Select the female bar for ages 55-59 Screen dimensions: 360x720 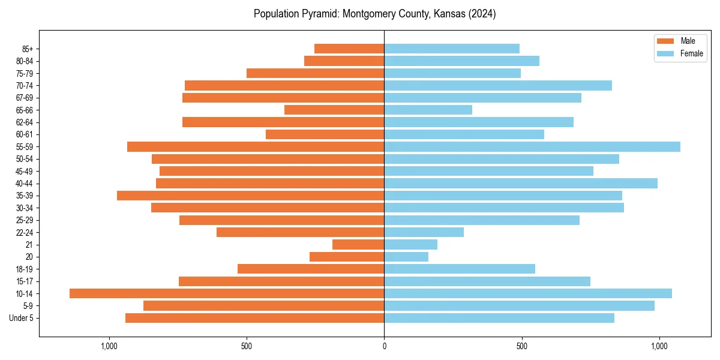532,146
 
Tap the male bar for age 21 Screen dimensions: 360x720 358,244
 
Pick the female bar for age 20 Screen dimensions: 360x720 406,257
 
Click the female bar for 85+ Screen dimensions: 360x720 452,49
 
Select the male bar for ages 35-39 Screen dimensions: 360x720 251,196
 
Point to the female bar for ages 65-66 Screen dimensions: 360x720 428,110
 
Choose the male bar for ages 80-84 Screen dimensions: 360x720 344,61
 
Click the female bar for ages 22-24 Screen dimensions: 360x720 424,232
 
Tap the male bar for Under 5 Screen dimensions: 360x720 255,318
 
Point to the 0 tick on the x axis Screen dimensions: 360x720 384,346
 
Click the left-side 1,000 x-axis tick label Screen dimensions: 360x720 109,346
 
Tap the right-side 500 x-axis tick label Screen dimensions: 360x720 521,346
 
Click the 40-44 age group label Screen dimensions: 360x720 24,184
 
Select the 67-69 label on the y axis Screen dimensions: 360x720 24,98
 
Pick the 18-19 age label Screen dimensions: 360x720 24,269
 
